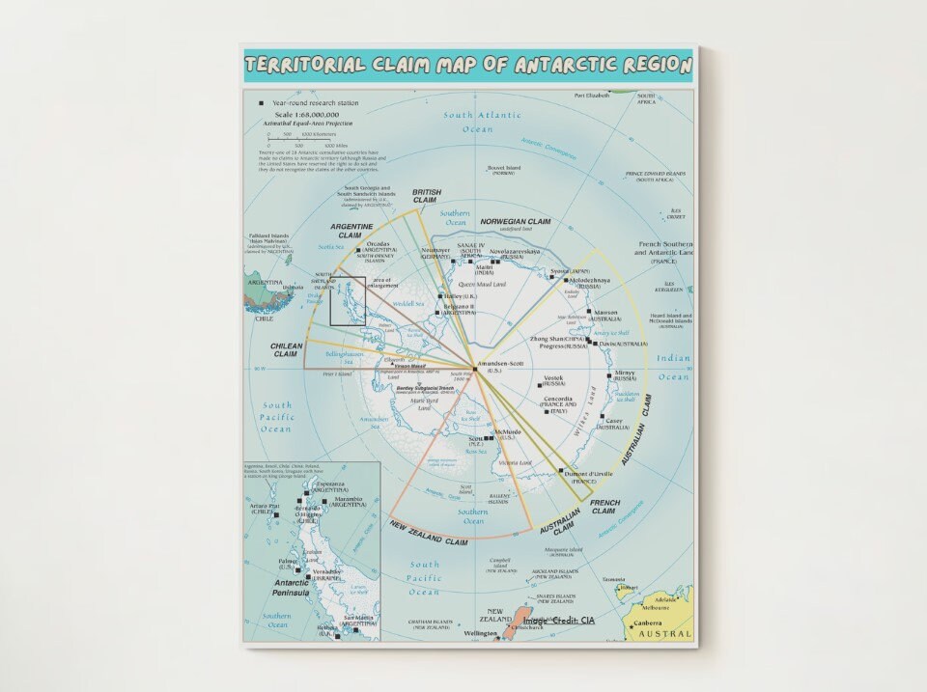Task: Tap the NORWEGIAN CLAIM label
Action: click(x=516, y=222)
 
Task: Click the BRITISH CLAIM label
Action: click(x=426, y=196)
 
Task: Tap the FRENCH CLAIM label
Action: click(x=604, y=507)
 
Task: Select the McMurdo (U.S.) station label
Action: click(x=507, y=434)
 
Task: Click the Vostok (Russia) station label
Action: click(x=553, y=380)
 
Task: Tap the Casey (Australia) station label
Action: click(x=613, y=423)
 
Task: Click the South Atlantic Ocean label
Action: click(x=482, y=122)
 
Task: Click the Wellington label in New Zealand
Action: click(x=480, y=634)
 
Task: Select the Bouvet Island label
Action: click(x=504, y=170)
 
